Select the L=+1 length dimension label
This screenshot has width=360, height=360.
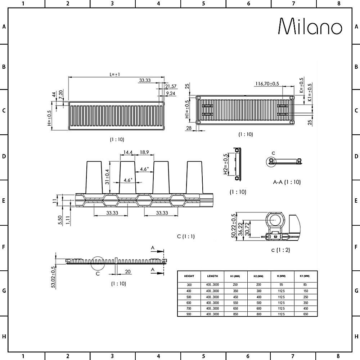point(115,74)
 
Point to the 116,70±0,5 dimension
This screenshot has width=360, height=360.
point(267,84)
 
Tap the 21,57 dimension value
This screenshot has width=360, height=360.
point(171,86)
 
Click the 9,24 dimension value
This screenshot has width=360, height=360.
point(171,93)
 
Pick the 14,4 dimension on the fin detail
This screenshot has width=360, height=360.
point(127,153)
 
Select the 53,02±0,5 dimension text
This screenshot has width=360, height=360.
point(53,277)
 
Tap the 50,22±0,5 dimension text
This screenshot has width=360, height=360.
point(234,226)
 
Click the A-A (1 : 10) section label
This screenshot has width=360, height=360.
point(287,182)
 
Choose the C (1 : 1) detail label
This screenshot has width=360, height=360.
point(186,237)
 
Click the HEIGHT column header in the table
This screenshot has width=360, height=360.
point(189,276)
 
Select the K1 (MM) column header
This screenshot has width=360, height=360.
point(306,276)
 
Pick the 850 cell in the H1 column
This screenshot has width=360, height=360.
point(236,314)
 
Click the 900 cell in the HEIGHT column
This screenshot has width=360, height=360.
point(189,314)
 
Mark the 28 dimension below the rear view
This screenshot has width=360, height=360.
point(189,128)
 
